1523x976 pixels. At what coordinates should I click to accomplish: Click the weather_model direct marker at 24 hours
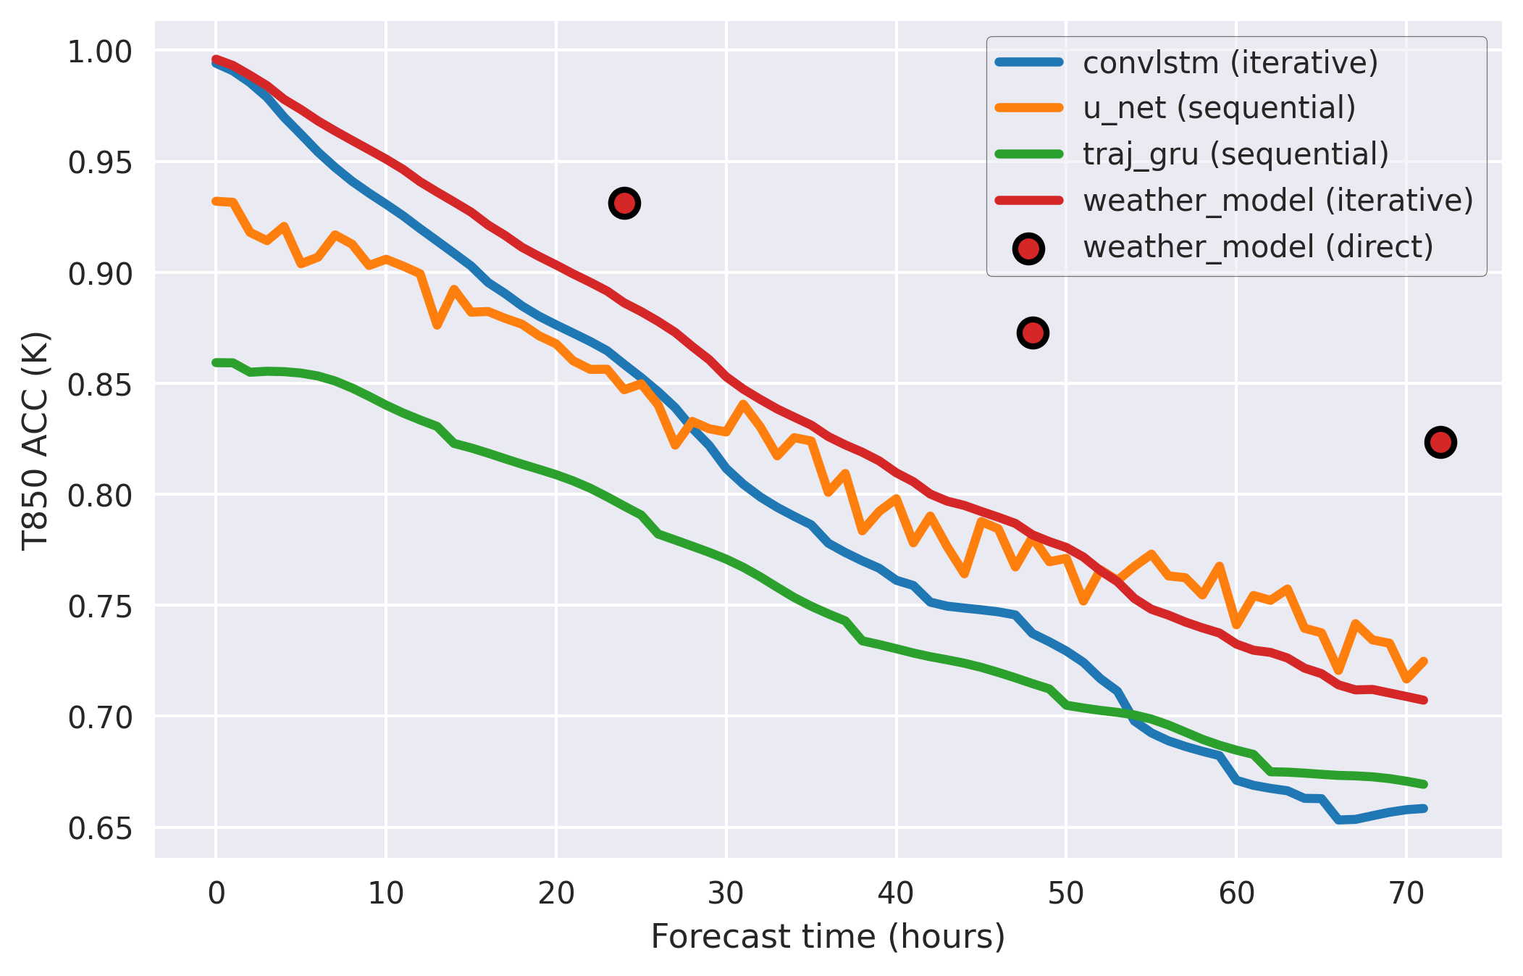pos(624,204)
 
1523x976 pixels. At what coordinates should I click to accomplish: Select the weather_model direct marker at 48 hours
pos(1033,333)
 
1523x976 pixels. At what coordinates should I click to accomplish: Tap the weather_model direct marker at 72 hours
pos(1440,442)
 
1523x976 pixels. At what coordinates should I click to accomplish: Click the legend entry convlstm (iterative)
pos(1230,63)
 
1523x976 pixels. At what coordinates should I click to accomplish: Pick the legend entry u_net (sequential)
pos(1219,108)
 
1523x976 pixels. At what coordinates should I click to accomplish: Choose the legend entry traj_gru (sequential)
pos(1235,154)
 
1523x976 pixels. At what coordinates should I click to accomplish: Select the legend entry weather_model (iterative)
pos(1277,201)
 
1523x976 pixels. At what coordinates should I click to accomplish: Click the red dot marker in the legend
pos(1028,249)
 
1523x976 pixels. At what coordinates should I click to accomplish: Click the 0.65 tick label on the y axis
pos(100,828)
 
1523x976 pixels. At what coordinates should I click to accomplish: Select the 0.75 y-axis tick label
pos(100,606)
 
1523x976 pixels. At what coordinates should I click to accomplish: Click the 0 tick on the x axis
pos(216,894)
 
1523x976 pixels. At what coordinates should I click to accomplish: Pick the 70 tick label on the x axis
pos(1406,894)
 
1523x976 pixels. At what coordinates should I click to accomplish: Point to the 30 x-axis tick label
pos(726,894)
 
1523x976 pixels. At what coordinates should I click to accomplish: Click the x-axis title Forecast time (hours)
pos(828,937)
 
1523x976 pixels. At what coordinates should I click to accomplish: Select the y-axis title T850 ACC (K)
pos(35,441)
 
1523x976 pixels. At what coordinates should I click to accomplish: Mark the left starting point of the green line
pos(216,362)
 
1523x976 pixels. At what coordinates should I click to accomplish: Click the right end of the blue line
pos(1424,808)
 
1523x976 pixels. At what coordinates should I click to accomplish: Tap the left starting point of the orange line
pos(216,201)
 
